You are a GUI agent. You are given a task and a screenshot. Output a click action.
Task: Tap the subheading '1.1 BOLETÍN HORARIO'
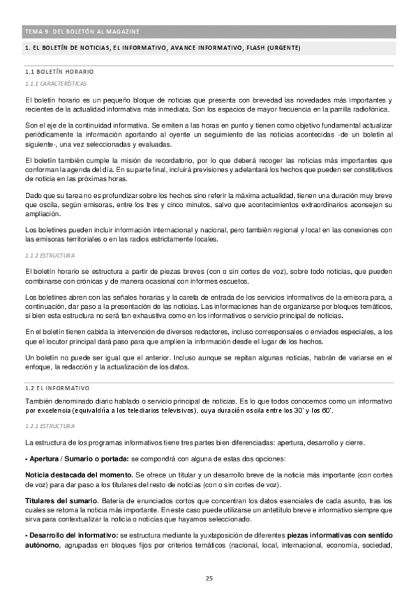coord(59,72)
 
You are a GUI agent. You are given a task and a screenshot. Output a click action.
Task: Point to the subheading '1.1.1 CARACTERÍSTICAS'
coord(53,84)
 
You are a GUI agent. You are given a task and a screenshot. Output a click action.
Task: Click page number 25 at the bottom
coord(209,578)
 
